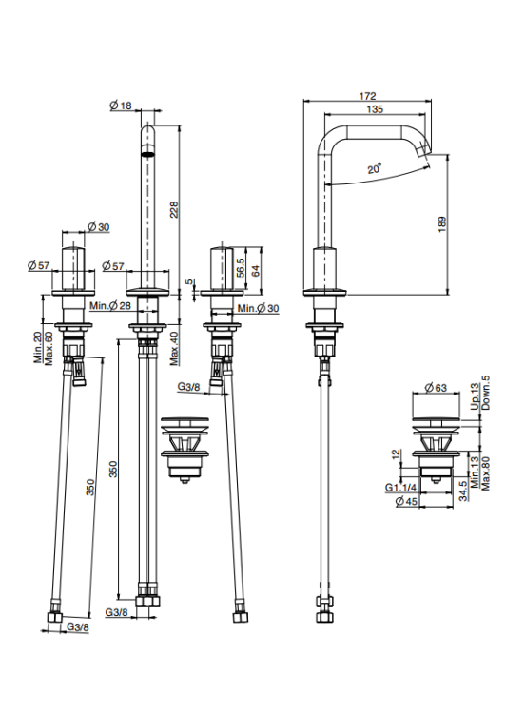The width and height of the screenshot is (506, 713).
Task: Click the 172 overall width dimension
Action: [x=367, y=96]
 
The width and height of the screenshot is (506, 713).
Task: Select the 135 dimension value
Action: [x=375, y=109]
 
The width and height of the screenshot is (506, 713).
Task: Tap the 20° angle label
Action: [x=375, y=168]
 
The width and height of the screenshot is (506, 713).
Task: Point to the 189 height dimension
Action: [x=442, y=224]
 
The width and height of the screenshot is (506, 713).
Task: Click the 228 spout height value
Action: [x=174, y=210]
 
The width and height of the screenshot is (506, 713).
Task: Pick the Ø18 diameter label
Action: [x=121, y=106]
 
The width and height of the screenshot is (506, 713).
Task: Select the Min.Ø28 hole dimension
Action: [x=110, y=305]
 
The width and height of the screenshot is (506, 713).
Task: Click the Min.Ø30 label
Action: [x=258, y=308]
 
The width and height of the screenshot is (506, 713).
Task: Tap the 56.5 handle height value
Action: [x=241, y=267]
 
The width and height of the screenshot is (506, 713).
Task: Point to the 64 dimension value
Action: [x=255, y=271]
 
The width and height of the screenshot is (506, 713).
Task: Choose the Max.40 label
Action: [x=174, y=348]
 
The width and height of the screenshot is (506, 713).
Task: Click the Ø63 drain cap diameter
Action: [x=436, y=388]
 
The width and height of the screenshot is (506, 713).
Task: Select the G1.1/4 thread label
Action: [x=400, y=488]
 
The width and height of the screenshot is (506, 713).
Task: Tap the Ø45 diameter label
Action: [x=406, y=501]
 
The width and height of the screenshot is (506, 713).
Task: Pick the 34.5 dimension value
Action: [x=463, y=491]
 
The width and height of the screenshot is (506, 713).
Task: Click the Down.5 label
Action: [x=485, y=393]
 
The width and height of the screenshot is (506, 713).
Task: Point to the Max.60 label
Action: [x=49, y=348]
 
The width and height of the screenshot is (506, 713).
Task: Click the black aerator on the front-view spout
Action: [x=148, y=154]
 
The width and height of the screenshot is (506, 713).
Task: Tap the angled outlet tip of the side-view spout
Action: [x=423, y=149]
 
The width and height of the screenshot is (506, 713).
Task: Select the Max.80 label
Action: [x=485, y=473]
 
